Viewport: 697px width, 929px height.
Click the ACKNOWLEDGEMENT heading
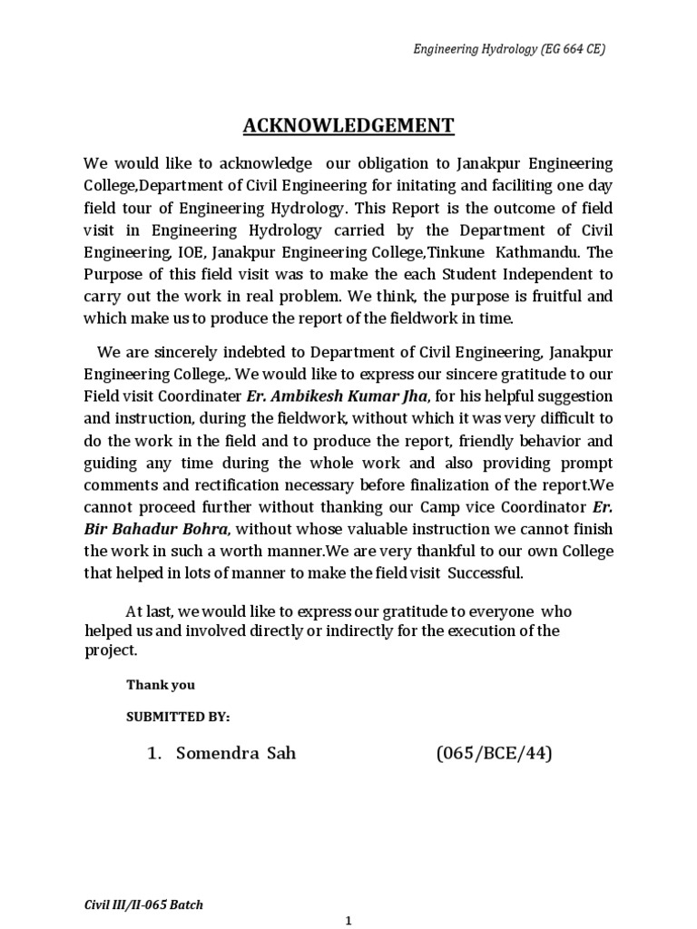point(348,125)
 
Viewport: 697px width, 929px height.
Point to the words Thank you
point(160,685)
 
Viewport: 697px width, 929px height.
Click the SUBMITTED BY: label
point(178,717)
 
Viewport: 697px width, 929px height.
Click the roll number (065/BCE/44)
point(494,753)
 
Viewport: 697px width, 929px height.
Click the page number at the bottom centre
point(348,920)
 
